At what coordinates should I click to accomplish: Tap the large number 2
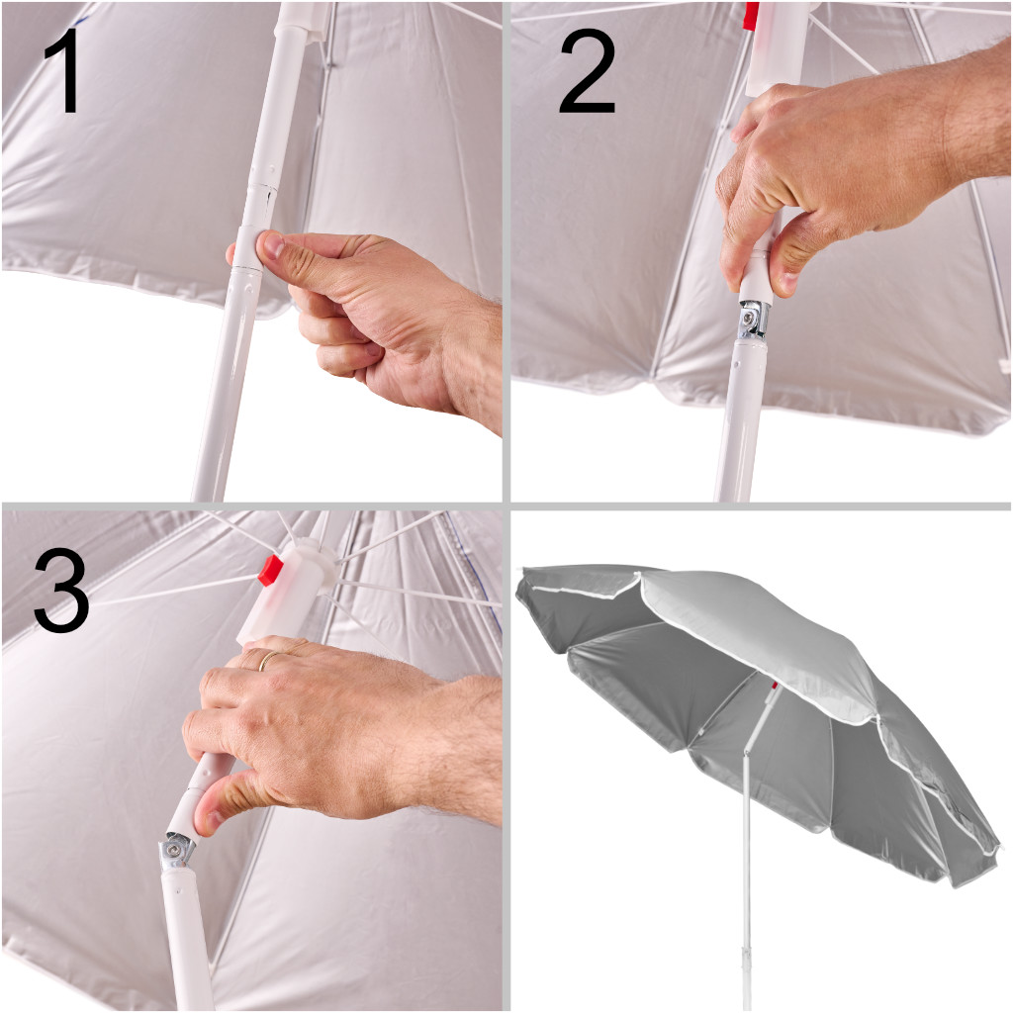click(x=587, y=71)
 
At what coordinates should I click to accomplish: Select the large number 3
click(x=61, y=591)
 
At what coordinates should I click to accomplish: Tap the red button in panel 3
click(x=271, y=570)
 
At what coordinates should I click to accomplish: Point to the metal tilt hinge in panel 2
click(x=752, y=321)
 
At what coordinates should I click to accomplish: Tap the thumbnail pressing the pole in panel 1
click(x=272, y=245)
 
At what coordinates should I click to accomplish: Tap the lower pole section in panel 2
click(x=742, y=419)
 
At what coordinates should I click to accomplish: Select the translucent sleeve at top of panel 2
click(x=778, y=48)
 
